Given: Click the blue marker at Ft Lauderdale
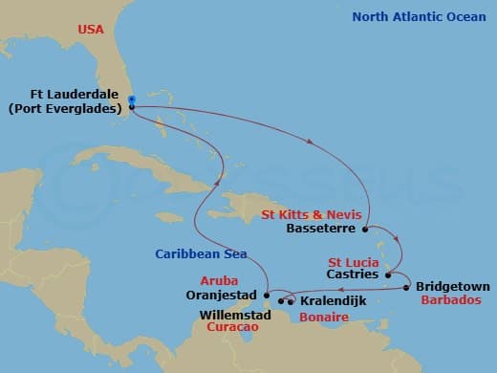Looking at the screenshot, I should click(x=130, y=99).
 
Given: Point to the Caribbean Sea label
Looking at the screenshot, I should click(x=202, y=253).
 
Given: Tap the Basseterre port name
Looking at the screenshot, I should click(x=321, y=230).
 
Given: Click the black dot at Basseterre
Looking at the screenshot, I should click(x=366, y=229).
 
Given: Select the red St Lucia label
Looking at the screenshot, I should click(x=354, y=261).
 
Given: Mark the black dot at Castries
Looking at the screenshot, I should click(x=388, y=274).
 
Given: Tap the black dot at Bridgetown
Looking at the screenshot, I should click(x=406, y=287).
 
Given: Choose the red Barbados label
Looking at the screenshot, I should click(x=448, y=299).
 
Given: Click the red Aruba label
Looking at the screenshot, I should click(x=220, y=281).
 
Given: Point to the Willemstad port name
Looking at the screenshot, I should click(x=229, y=313).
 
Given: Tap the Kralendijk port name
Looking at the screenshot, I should click(x=331, y=300).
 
